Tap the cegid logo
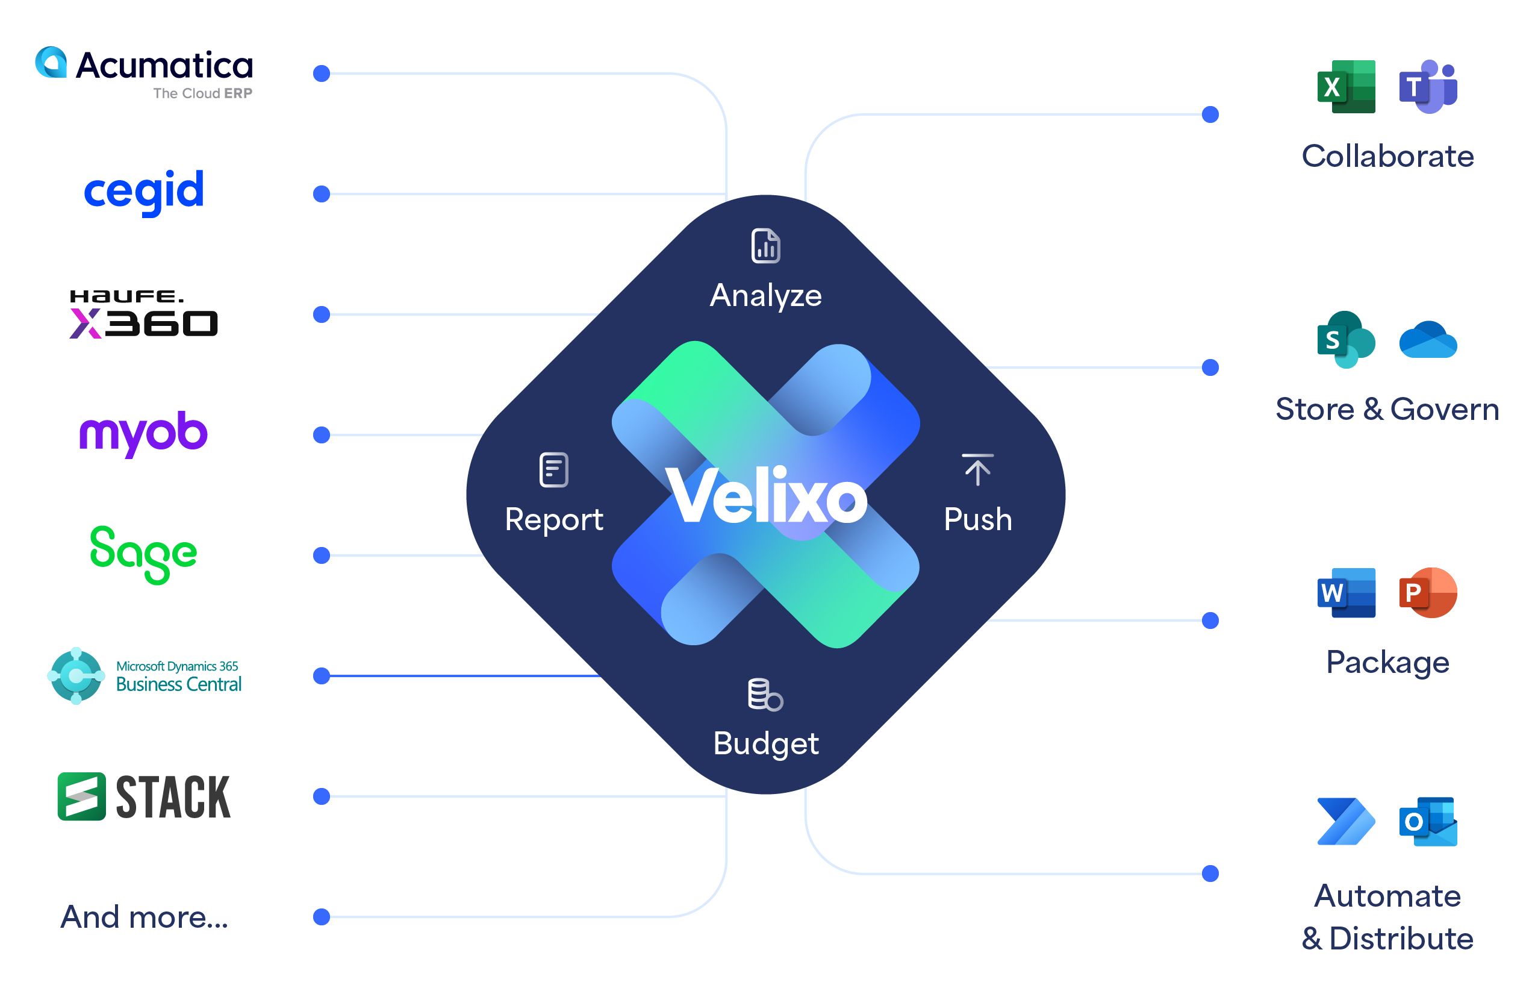[x=144, y=190]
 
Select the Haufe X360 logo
[x=144, y=314]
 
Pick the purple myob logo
[x=144, y=433]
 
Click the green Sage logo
[x=144, y=554]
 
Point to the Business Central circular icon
[x=76, y=675]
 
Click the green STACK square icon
[x=81, y=796]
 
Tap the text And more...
[x=144, y=916]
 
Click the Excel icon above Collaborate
[x=1345, y=87]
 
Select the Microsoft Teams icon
[x=1427, y=87]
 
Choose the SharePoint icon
[x=1345, y=339]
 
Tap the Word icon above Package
[x=1345, y=592]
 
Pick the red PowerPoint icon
[x=1427, y=592]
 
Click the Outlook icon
[x=1427, y=821]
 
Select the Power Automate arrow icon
[x=1345, y=821]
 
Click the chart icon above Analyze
[x=765, y=246]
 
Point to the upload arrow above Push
[x=977, y=470]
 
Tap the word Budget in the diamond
[x=765, y=743]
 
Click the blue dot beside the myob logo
[x=322, y=435]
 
